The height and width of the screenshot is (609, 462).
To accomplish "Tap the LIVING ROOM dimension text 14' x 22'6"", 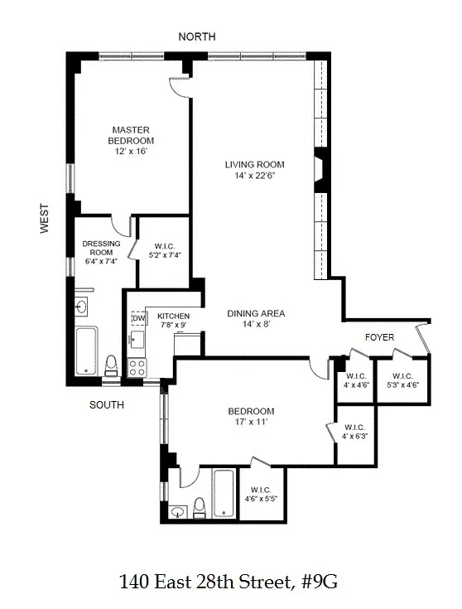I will tap(254, 176).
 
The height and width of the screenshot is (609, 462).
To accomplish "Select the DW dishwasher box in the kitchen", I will tap(137, 317).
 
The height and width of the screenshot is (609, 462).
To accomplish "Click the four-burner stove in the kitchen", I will tap(137, 365).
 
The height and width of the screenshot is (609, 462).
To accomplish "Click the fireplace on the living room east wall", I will tap(322, 163).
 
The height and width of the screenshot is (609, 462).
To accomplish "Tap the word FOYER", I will tap(380, 337).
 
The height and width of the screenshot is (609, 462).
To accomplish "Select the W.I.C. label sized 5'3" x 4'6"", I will tap(402, 379).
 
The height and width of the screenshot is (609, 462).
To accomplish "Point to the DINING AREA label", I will tap(257, 313).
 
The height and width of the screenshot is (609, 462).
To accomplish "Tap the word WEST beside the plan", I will tap(46, 220).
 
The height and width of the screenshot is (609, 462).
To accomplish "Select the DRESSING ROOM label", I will tap(102, 249).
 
